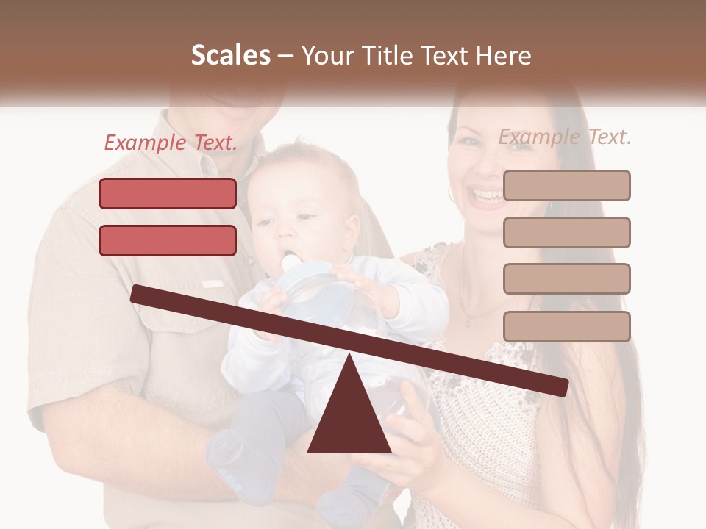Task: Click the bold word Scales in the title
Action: point(230,56)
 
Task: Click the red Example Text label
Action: point(171,143)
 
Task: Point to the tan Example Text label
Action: point(565,137)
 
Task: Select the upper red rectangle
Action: point(168,193)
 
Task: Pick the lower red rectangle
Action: point(168,240)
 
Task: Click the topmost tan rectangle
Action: point(566,185)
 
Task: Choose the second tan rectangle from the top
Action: point(566,232)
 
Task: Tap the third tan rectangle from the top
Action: point(566,278)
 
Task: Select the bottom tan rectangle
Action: point(566,326)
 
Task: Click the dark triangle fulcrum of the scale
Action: point(349,411)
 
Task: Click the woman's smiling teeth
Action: point(488,195)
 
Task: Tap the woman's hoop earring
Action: point(450,194)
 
